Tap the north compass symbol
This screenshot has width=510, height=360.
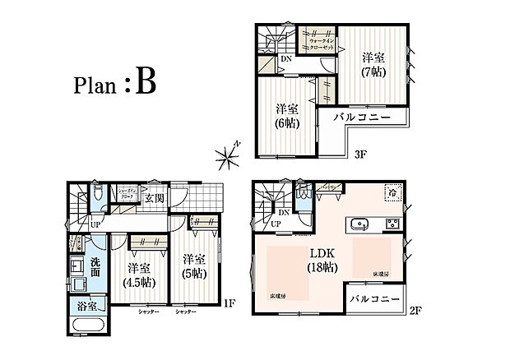pos(226,154)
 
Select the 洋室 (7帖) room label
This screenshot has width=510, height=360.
pos(374,66)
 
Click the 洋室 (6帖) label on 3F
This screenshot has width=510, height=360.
pos(286,116)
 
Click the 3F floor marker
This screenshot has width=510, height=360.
pos(359,154)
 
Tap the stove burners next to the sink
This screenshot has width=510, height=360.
pos(392,224)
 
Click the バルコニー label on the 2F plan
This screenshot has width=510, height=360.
pos(374,298)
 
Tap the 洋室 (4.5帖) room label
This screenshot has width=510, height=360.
pos(137,275)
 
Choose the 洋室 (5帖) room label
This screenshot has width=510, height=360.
pos(193,264)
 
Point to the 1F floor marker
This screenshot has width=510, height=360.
pos(230,303)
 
